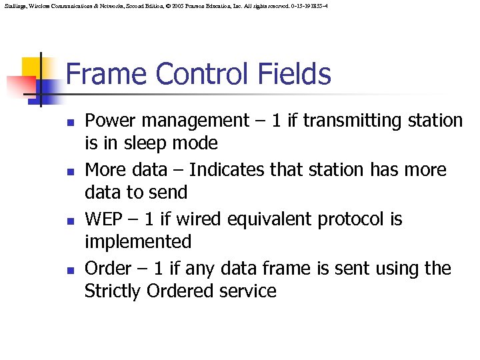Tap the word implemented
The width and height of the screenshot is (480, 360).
pyautogui.click(x=138, y=242)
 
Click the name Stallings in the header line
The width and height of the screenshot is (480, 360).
pyautogui.click(x=14, y=5)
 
